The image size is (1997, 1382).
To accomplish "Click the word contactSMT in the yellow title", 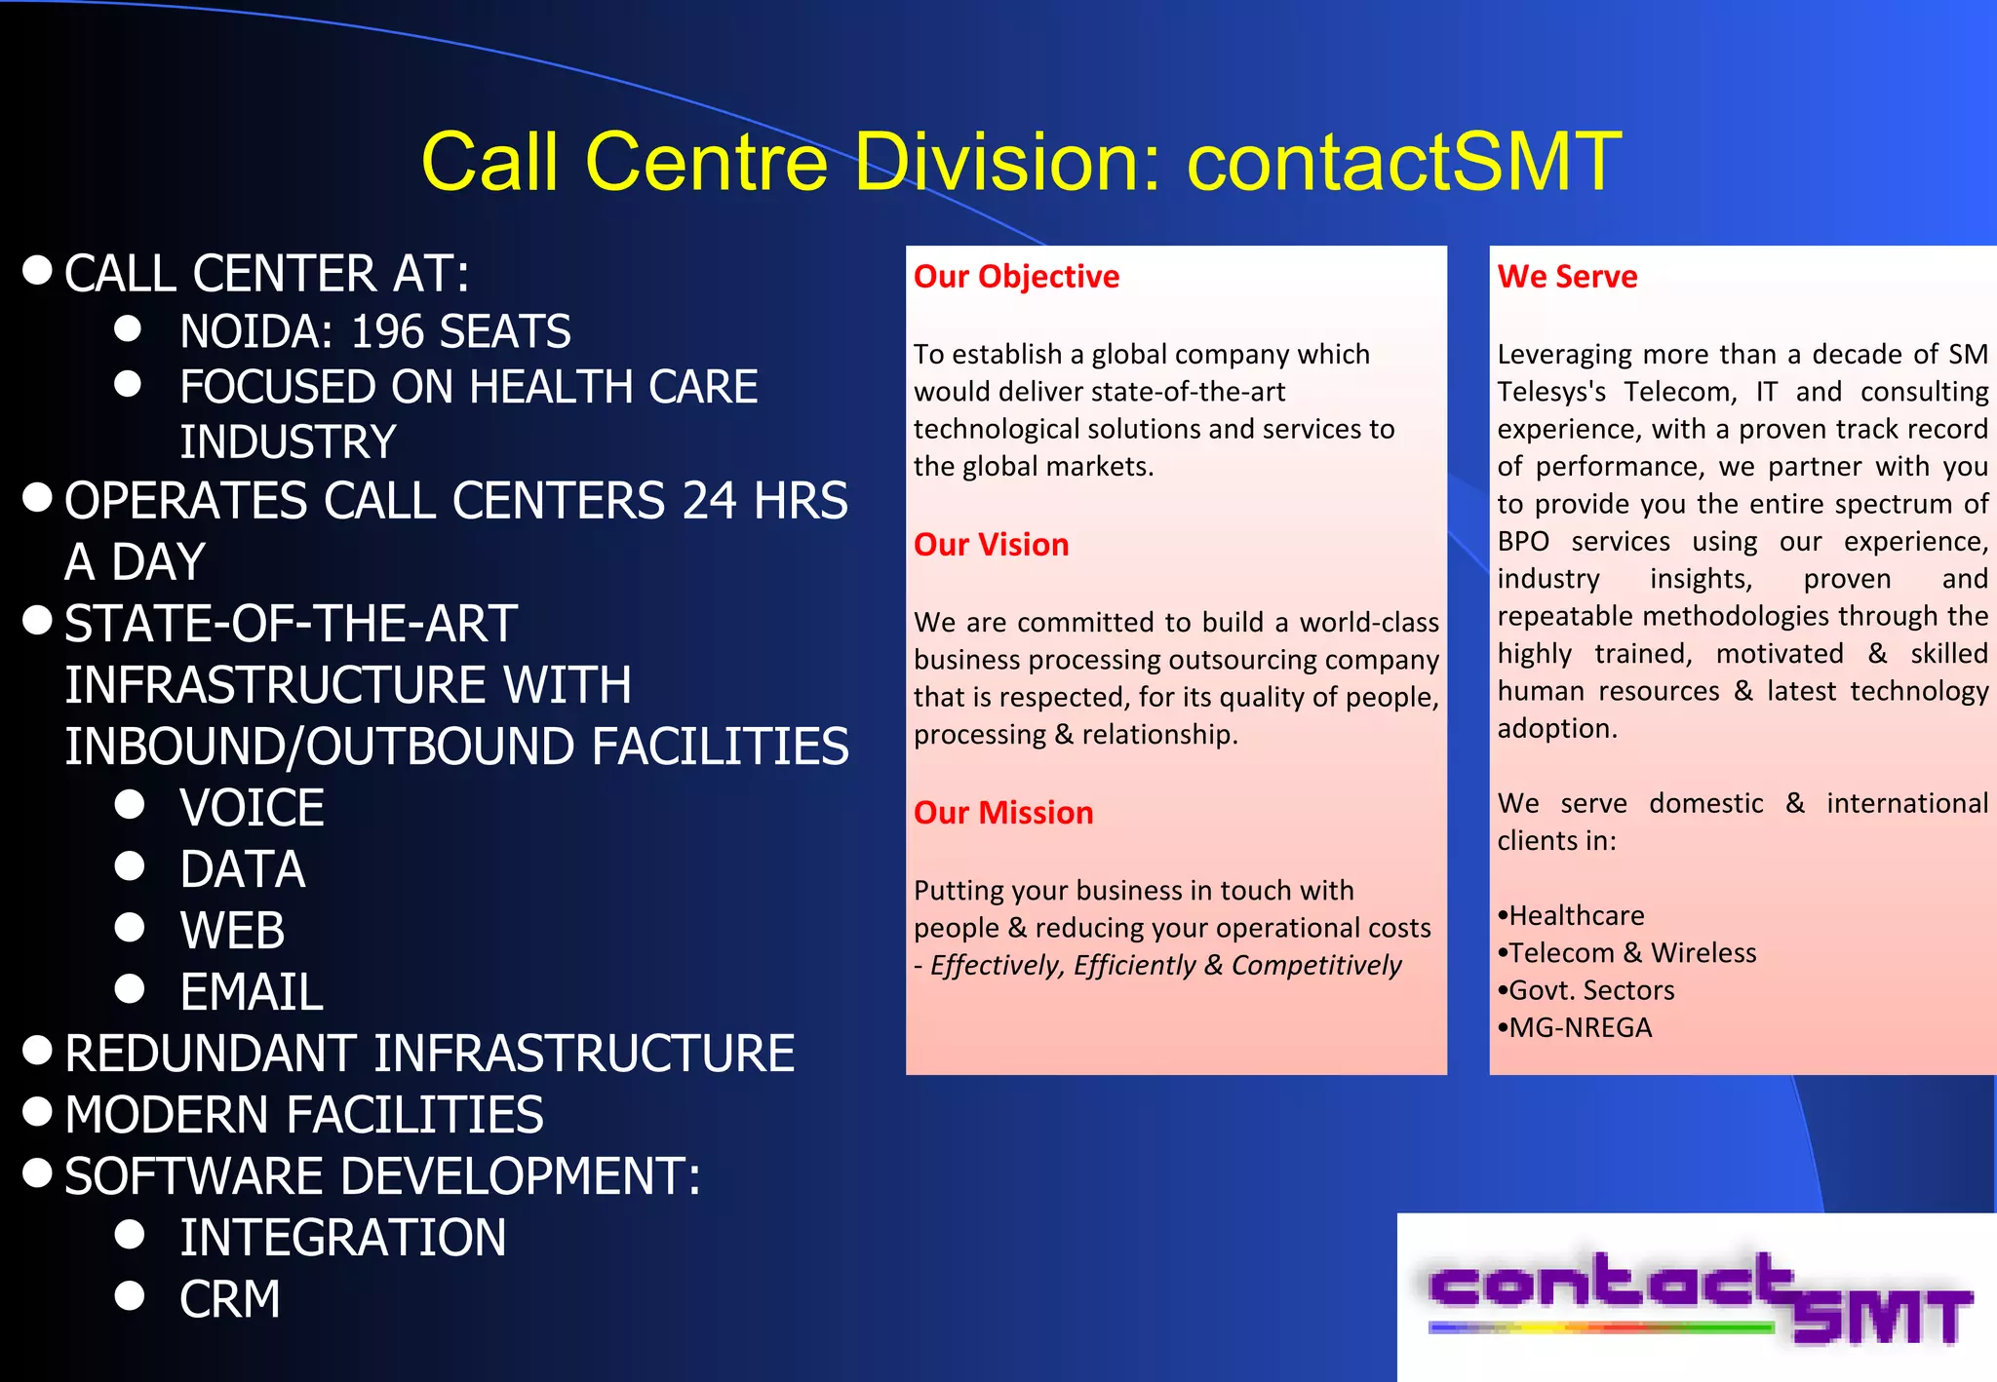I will click(1404, 163).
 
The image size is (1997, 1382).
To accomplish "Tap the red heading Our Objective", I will click(1016, 277).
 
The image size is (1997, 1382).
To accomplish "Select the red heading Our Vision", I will click(991, 545).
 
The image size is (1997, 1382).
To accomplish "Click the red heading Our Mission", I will click(1003, 813).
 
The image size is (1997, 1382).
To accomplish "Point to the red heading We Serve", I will click(1567, 277).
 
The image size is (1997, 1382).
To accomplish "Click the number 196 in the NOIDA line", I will click(388, 332).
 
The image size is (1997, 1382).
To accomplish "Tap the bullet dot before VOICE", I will click(130, 805).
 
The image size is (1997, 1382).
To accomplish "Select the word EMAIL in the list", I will click(252, 993).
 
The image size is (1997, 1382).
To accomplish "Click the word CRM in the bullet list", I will click(230, 1300).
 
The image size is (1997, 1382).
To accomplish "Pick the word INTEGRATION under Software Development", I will click(342, 1239).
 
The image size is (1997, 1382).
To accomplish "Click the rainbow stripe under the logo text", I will click(1599, 1327).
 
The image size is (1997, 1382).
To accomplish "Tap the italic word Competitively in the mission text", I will click(1315, 966).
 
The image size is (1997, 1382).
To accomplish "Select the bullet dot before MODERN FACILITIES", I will click(37, 1112).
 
